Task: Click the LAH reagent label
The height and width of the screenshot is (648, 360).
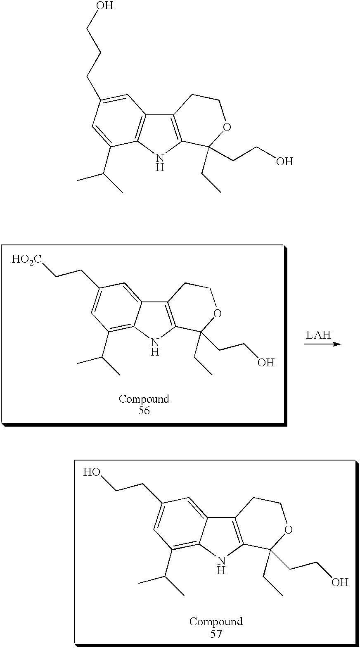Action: [x=318, y=335]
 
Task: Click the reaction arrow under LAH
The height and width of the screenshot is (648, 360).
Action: [x=322, y=344]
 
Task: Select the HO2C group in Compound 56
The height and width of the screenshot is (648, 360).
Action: [x=26, y=259]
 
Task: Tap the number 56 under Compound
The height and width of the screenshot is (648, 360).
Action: [x=144, y=411]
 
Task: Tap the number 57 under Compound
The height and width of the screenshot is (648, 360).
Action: [x=216, y=634]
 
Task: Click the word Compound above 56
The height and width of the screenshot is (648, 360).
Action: [x=144, y=399]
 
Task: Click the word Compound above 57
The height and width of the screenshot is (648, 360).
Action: [x=216, y=622]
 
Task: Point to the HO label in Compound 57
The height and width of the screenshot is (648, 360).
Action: [x=92, y=472]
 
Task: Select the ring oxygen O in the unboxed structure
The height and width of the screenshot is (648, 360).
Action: [x=226, y=126]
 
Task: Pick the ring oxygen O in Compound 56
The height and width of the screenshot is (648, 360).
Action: [x=218, y=314]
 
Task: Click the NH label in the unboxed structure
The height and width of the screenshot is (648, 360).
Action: [x=160, y=161]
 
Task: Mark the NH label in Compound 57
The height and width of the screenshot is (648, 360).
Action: [x=222, y=565]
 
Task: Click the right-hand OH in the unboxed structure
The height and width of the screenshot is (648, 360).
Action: [x=284, y=161]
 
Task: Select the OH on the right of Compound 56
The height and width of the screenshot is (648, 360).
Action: [x=266, y=363]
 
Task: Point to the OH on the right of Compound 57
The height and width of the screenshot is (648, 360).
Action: [x=340, y=582]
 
